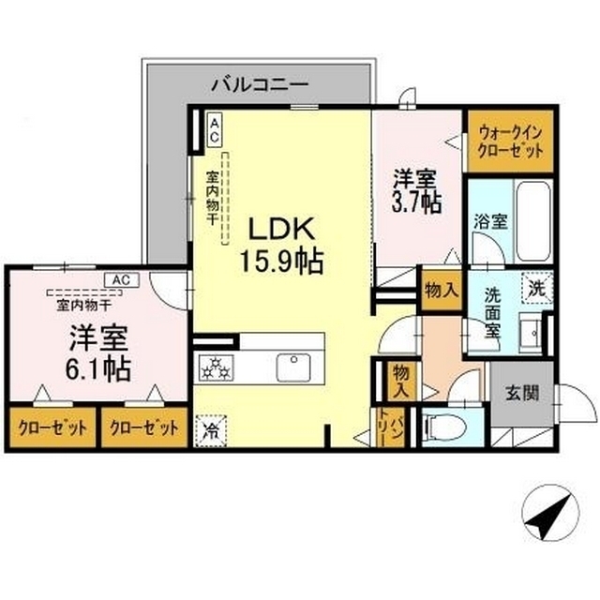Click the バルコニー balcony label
[260, 83]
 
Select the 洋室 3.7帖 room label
[416, 191]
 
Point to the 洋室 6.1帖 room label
[98, 353]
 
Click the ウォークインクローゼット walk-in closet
[510, 142]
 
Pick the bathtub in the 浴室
[533, 220]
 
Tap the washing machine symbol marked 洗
[537, 288]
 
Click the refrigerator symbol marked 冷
[211, 430]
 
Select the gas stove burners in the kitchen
[216, 368]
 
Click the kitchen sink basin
[293, 367]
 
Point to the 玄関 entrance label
[522, 393]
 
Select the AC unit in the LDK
[215, 131]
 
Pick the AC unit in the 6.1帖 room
[122, 280]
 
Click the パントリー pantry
[391, 427]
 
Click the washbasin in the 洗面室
[531, 332]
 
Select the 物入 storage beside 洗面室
[442, 290]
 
